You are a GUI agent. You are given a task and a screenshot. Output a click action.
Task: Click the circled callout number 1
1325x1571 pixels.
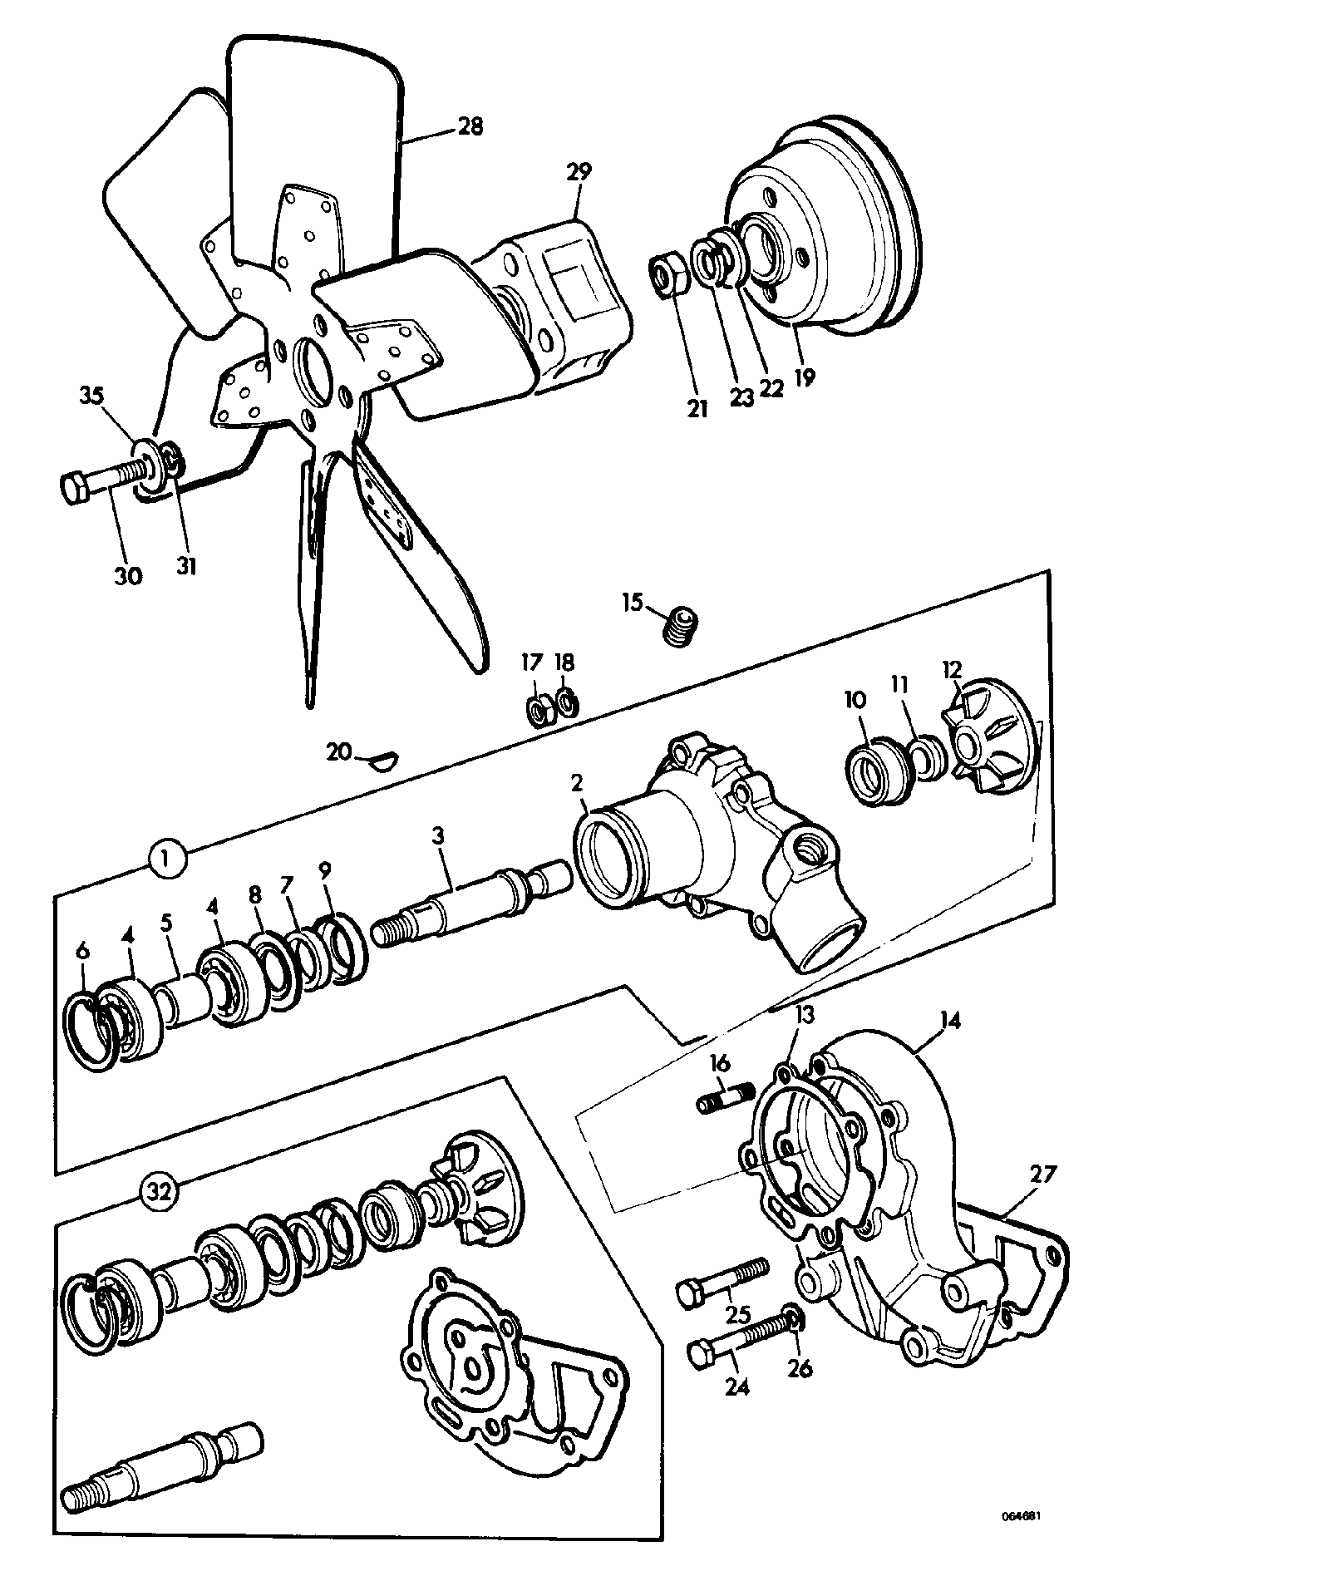[169, 858]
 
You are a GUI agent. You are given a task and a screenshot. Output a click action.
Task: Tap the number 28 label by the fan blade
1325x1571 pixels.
[470, 126]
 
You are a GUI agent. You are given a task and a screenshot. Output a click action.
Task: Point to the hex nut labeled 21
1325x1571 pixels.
[667, 275]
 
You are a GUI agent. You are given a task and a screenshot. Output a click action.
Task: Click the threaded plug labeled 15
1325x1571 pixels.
[682, 624]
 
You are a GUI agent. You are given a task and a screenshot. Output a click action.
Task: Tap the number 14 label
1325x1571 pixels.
[950, 1021]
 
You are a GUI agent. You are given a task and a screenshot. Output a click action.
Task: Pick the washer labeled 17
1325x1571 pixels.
[538, 712]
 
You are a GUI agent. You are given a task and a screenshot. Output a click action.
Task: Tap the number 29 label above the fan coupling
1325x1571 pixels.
[579, 172]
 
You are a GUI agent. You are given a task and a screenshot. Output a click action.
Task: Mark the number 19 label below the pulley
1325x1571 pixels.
[803, 377]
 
